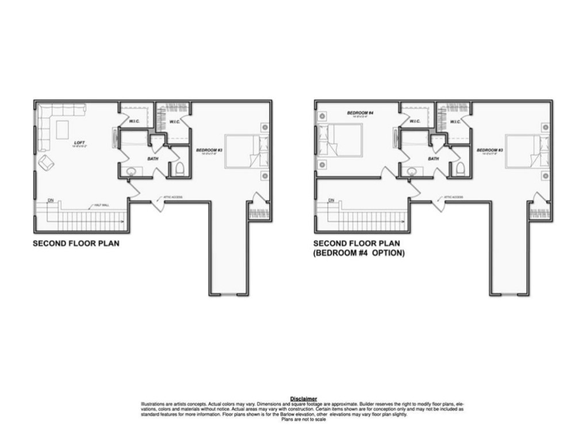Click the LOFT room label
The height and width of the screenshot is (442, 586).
[79, 142]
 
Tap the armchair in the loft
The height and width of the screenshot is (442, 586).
[46, 163]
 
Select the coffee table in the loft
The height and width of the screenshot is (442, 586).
[61, 128]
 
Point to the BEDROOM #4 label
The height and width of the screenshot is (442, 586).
[361, 113]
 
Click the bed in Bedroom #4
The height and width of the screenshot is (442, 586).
[341, 140]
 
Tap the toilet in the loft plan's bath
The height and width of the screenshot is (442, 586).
[179, 169]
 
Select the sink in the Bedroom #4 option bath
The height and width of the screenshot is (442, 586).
[411, 171]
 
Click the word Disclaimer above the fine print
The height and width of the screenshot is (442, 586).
[303, 398]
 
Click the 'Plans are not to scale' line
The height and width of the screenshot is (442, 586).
[303, 420]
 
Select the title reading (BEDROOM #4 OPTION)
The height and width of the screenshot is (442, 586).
[359, 253]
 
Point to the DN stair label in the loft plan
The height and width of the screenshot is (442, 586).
[51, 200]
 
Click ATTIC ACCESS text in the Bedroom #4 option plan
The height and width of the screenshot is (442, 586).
[454, 197]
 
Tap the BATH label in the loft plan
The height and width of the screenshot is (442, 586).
[152, 158]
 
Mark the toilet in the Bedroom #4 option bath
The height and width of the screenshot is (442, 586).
[460, 169]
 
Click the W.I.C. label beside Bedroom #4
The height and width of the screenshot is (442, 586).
[415, 121]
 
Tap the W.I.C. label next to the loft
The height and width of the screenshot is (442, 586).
[135, 121]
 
